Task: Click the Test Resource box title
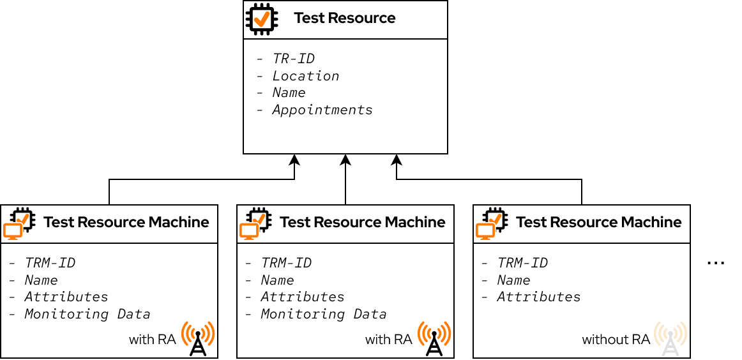344,19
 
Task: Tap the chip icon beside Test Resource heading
262,19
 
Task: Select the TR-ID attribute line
293,59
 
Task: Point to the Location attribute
305,76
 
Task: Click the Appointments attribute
322,110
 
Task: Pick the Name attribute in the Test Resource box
289,93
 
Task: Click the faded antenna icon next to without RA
670,338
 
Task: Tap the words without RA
616,340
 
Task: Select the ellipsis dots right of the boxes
716,263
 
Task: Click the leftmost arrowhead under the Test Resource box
294,159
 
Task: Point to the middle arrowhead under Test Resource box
345,159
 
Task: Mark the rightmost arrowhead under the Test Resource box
397,159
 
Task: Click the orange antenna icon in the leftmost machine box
198,338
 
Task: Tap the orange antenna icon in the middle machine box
434,338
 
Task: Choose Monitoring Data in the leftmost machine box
87,314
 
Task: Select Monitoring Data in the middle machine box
323,314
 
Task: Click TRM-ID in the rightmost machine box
522,263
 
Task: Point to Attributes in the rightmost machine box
538,297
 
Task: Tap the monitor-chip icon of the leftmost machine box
17,223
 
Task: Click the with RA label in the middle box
388,340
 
